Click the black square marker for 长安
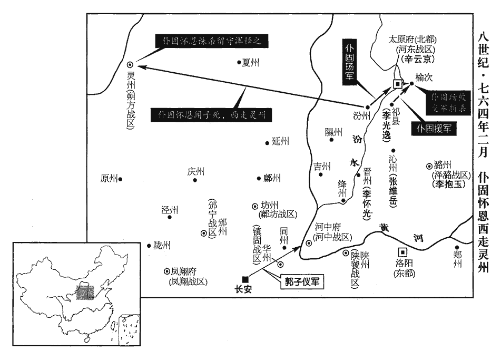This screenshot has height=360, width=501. (245, 279)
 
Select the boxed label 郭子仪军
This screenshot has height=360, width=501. (300, 281)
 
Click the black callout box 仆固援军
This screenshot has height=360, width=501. (435, 128)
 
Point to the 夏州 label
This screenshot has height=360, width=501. (251, 63)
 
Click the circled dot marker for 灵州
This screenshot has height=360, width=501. (130, 64)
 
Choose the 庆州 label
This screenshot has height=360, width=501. (195, 171)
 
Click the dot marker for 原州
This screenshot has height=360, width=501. (121, 179)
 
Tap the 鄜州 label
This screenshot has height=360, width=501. (272, 178)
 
